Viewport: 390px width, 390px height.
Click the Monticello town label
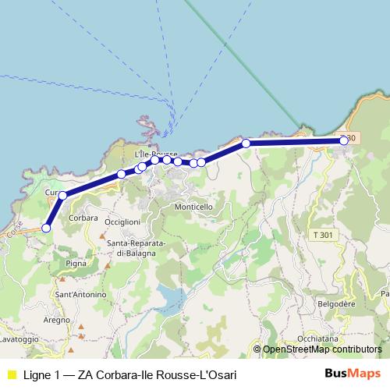[x=193, y=207]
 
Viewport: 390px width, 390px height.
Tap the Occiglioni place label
[x=122, y=222]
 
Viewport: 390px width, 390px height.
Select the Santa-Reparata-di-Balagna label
[x=136, y=248]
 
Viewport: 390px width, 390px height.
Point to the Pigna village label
[x=77, y=264]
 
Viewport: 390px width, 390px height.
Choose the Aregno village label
[x=56, y=321]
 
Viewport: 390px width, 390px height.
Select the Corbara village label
[x=83, y=218]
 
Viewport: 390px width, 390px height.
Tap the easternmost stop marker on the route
[x=344, y=140]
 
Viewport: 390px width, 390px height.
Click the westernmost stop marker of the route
[x=46, y=228]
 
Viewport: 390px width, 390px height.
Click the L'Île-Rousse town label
[x=156, y=154]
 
